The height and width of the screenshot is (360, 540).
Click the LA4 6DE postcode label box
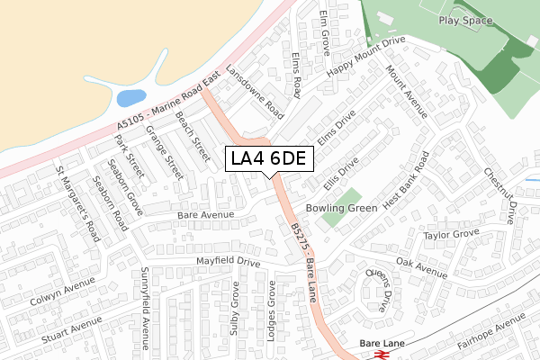(269, 158)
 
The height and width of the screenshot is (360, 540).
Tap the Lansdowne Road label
(254, 92)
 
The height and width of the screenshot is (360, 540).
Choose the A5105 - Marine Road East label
(168, 104)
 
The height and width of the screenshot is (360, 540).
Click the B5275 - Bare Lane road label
(305, 251)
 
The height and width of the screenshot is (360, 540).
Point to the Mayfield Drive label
(229, 263)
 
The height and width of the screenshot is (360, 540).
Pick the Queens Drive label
(378, 290)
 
